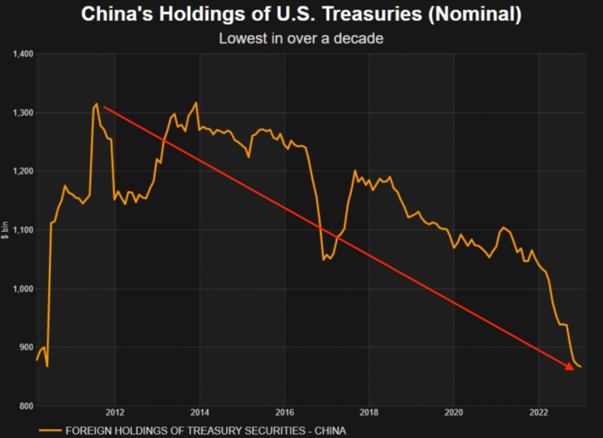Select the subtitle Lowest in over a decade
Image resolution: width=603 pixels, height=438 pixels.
pyautogui.click(x=301, y=38)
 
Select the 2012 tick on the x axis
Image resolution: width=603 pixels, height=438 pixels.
pyautogui.click(x=115, y=413)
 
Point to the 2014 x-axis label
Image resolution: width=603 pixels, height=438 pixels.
pyautogui.click(x=200, y=413)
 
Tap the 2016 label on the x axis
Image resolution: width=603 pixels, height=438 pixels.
pyautogui.click(x=285, y=413)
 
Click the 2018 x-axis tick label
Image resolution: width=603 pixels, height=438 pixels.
pyautogui.click(x=369, y=413)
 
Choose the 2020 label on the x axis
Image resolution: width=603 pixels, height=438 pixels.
pyautogui.click(x=454, y=413)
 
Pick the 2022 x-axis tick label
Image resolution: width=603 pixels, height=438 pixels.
pyautogui.click(x=539, y=413)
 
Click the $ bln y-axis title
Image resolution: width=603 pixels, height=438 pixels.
pyautogui.click(x=6, y=230)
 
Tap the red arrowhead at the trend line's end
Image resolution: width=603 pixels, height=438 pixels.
pyautogui.click(x=569, y=366)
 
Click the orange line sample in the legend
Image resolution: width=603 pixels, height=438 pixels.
pyautogui.click(x=50, y=430)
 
